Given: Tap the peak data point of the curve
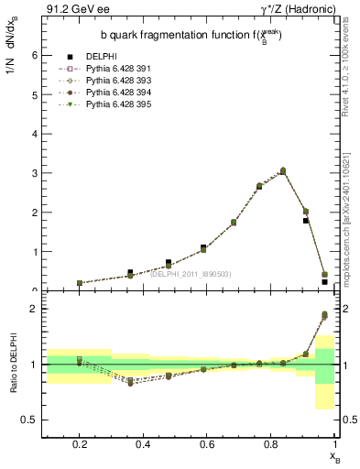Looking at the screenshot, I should (x=283, y=170).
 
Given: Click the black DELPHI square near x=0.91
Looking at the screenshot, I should (x=306, y=221).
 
